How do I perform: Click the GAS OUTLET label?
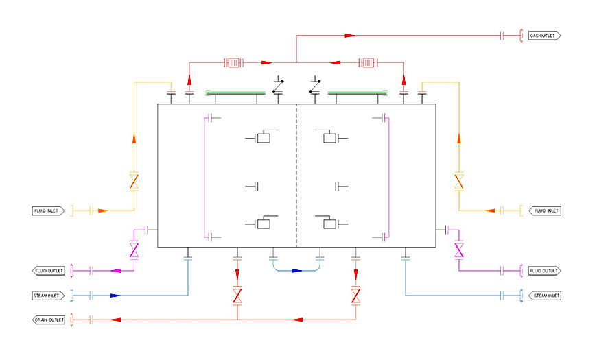tap(544, 36)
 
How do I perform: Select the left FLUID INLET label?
tap(48, 211)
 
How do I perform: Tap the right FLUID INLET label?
tap(545, 211)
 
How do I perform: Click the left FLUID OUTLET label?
tap(48, 271)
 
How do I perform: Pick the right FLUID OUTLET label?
tap(545, 271)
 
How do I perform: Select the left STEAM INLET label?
tap(48, 296)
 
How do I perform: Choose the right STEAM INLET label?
tap(545, 296)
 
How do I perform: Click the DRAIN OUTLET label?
tap(48, 320)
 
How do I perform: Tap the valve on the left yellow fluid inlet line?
tap(134, 181)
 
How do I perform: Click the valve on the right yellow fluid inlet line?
tap(459, 181)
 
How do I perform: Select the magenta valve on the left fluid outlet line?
tap(134, 250)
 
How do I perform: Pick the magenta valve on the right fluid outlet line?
tap(459, 250)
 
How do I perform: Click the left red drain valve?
tap(237, 296)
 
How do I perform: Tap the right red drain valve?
tap(356, 296)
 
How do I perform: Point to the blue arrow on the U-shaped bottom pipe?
tap(297, 271)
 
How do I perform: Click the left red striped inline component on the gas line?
tap(233, 63)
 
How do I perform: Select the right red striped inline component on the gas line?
tap(368, 63)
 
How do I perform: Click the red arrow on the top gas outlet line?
tap(350, 36)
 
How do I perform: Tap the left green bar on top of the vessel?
tap(235, 93)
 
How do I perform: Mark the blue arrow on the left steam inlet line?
tap(115, 296)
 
